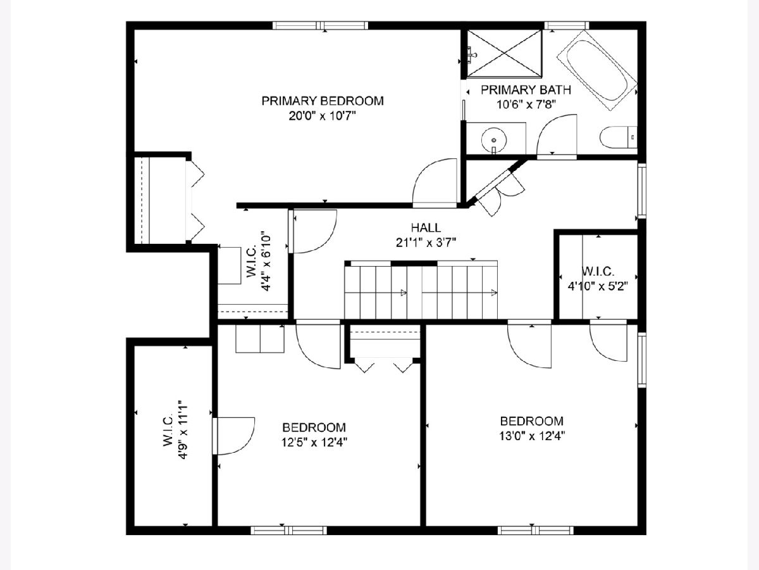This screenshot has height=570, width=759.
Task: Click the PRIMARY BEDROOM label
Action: click(323, 101)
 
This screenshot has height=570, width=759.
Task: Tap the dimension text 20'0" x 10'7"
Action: click(323, 116)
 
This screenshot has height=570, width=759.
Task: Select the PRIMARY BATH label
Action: click(526, 90)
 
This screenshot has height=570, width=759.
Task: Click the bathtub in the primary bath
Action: click(597, 70)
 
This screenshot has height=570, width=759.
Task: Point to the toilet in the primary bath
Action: click(618, 137)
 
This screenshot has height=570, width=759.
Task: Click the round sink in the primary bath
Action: click(494, 140)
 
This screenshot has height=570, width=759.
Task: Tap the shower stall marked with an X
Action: click(505, 53)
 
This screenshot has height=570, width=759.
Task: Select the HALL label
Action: click(426, 228)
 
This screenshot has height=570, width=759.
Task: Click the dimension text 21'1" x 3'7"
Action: click(426, 243)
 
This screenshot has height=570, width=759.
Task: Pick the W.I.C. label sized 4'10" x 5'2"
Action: click(598, 271)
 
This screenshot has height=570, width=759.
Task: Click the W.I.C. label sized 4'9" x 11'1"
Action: click(168, 430)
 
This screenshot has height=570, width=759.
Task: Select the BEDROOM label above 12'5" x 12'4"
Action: click(314, 427)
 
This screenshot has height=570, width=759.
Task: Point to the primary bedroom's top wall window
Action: click(320, 25)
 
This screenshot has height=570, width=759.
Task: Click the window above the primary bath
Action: click(567, 25)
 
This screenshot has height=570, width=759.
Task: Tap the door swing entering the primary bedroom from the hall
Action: click(435, 182)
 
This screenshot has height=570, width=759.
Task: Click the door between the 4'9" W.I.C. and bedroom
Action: click(234, 436)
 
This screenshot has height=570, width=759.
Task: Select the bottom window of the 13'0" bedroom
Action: click(536, 531)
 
